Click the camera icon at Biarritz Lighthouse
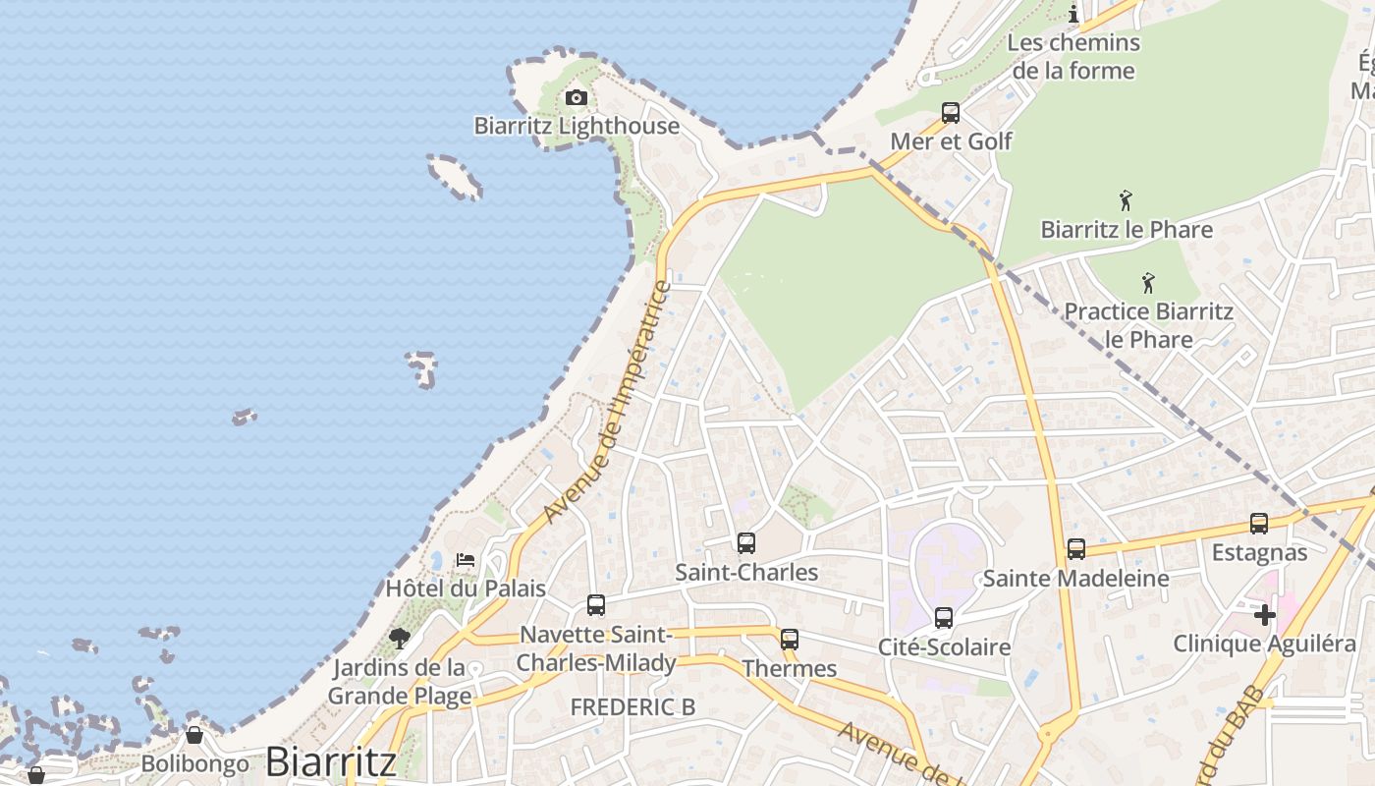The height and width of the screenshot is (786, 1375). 577,98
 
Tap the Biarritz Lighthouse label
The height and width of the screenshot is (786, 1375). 577,126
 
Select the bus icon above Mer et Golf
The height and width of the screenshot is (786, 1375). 951,113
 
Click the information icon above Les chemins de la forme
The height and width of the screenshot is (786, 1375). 1073,14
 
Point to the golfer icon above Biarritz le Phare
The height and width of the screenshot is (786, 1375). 1126,201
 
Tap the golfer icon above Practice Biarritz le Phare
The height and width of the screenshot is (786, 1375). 1148,284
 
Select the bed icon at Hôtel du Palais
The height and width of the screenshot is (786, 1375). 466,560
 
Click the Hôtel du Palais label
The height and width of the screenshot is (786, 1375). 466,589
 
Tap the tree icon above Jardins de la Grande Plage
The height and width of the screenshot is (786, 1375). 399,639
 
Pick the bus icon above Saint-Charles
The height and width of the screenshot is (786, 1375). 746,543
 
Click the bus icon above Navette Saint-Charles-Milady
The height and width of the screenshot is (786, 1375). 596,605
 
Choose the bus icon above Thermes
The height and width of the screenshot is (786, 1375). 790,640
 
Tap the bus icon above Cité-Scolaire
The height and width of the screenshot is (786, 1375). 944,618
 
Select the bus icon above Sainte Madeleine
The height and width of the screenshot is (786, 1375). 1076,549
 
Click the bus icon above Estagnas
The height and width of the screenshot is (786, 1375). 1259,524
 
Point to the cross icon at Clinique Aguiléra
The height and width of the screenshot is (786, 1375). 1265,615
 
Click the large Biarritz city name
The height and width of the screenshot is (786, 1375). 331,762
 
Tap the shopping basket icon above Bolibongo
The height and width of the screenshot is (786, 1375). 194,735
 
